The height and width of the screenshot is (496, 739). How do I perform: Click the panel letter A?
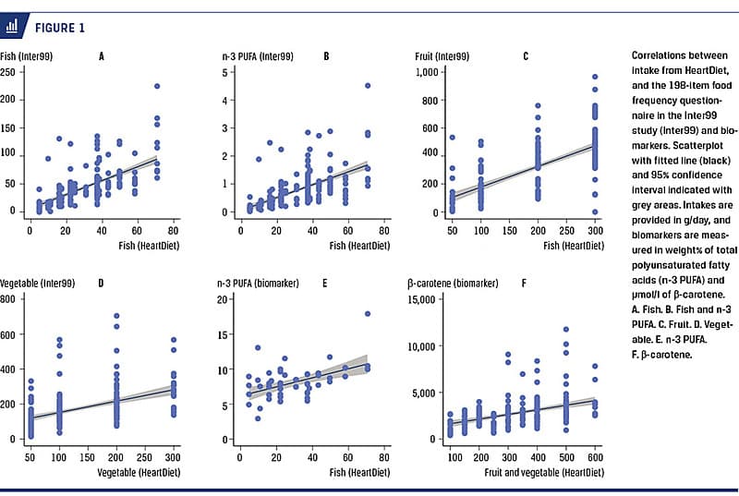(x=101, y=56)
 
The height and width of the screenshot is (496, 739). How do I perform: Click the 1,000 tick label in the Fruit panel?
(x=426, y=72)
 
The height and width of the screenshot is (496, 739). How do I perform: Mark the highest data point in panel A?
(x=157, y=87)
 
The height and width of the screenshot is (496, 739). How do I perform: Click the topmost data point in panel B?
(x=368, y=86)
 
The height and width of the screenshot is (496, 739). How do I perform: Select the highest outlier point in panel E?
(x=368, y=314)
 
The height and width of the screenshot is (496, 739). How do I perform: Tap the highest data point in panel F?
(x=566, y=329)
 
